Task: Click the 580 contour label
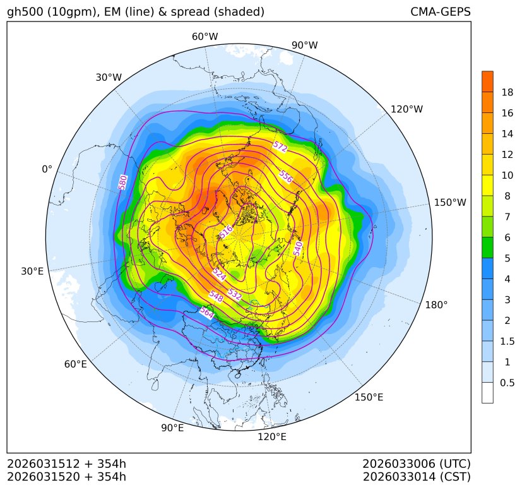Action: point(123,182)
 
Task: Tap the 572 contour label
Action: point(280,148)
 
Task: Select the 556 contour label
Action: point(285,177)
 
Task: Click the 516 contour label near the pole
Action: point(226,232)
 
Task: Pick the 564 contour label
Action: point(206,312)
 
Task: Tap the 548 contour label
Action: point(217,296)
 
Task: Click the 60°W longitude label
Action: point(205,37)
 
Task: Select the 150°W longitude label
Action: point(450,203)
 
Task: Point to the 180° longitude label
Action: point(436,305)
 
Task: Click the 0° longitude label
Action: point(47,169)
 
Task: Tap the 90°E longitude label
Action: point(172,428)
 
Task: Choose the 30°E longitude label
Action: point(32,272)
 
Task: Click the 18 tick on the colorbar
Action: point(507,93)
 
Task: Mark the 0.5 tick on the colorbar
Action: point(507,383)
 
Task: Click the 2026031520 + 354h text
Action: point(67,476)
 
